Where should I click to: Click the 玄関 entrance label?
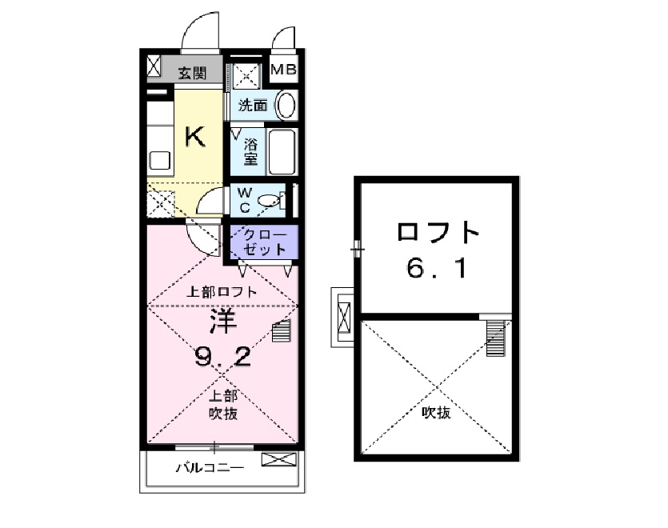coord(192,74)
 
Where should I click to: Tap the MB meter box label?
coord(283,70)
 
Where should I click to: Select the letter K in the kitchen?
coord(194,137)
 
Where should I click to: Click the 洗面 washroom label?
coord(254,104)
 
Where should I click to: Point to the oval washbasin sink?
coord(285,105)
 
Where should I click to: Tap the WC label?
coord(245,200)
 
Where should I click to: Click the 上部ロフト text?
coord(222,292)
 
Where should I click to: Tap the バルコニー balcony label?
coord(209,468)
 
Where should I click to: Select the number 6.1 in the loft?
coord(437,269)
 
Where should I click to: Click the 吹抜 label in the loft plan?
coord(437,413)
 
